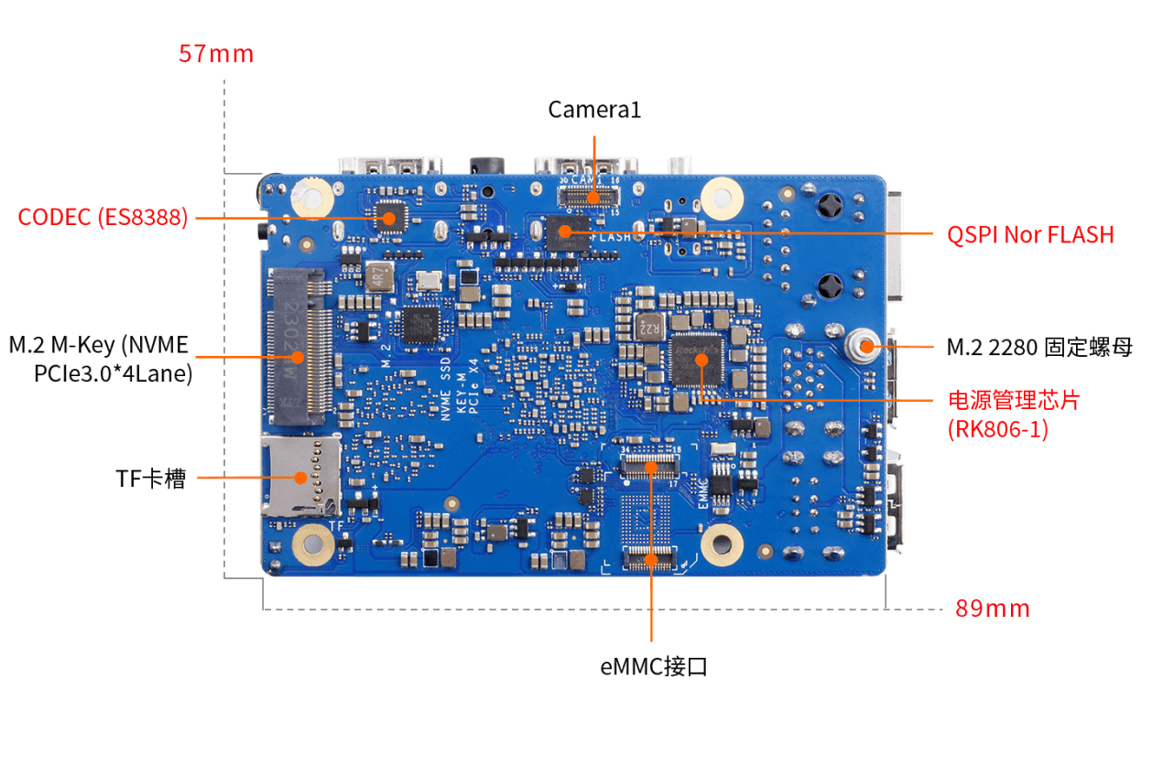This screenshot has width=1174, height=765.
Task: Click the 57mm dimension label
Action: pos(216,54)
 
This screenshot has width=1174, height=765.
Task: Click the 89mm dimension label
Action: pos(993,609)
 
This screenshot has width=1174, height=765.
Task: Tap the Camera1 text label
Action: pos(594,110)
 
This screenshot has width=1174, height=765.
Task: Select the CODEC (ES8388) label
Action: pos(103,218)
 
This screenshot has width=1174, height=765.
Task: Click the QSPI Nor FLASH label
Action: pos(1030,235)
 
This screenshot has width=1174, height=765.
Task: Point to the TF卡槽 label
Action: pos(150,479)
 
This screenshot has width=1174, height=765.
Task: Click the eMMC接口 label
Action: pos(654,667)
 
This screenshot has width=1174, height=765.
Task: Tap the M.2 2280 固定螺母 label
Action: pos(1039,348)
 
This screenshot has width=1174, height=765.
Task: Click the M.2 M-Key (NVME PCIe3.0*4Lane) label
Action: pos(100,360)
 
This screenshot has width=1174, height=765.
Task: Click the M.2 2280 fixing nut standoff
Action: pos(864,346)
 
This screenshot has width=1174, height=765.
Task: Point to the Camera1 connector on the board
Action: pos(589,197)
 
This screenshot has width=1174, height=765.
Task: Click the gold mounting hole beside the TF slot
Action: pos(312,546)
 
